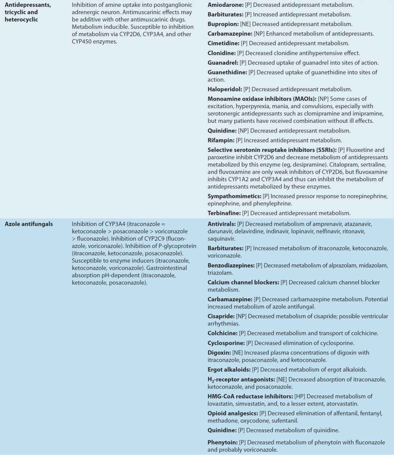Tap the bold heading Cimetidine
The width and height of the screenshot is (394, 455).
tap(224, 43)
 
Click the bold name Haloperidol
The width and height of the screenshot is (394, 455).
tap(225, 89)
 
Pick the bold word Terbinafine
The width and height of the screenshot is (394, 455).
tap(224, 213)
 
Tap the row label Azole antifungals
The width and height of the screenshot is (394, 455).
tap(29, 224)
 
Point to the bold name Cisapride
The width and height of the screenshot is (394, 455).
tap(221, 316)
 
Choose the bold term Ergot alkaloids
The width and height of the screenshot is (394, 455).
tap(229, 370)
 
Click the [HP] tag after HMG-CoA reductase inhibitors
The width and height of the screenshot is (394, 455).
tap(299, 396)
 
